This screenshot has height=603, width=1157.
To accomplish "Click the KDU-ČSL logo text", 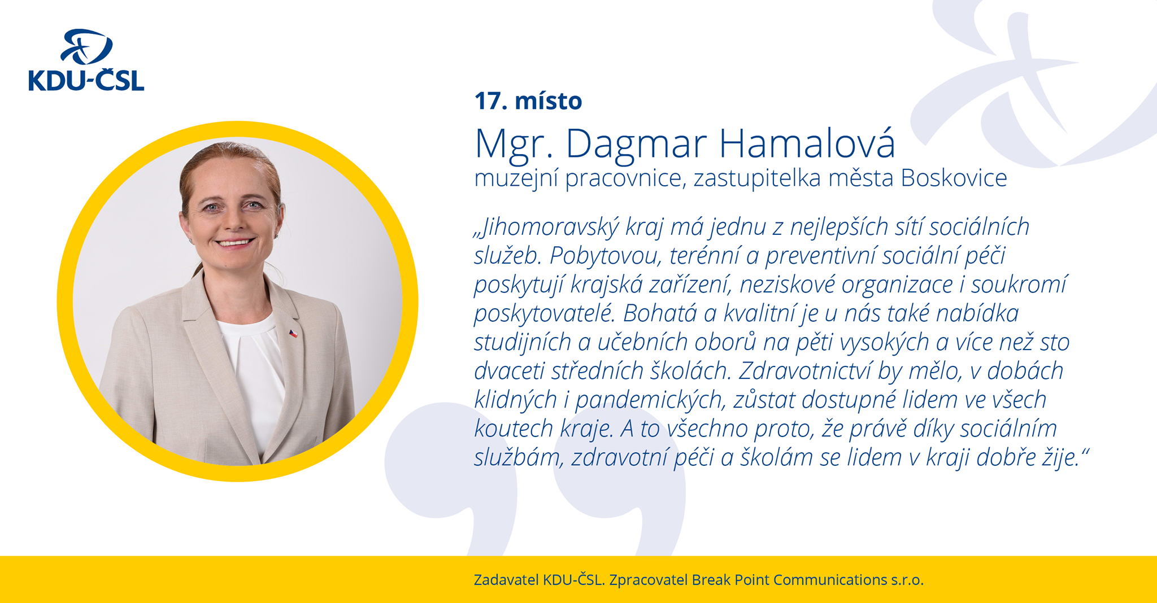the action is coord(86,81).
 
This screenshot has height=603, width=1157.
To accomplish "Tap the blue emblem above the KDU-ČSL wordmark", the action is coord(86,47).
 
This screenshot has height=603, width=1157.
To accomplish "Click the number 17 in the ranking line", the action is coord(487,101).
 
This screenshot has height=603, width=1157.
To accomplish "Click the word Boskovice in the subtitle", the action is coord(954,178).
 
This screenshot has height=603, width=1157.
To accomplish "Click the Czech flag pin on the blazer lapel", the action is coord(293,334).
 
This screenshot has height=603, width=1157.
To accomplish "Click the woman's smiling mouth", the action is coord(234,243).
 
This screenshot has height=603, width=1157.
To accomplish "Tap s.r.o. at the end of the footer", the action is coord(907,580).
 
